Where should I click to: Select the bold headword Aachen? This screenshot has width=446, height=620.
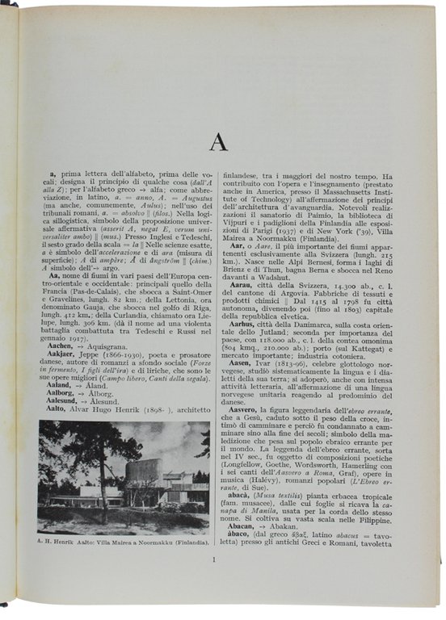pos(61,345)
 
